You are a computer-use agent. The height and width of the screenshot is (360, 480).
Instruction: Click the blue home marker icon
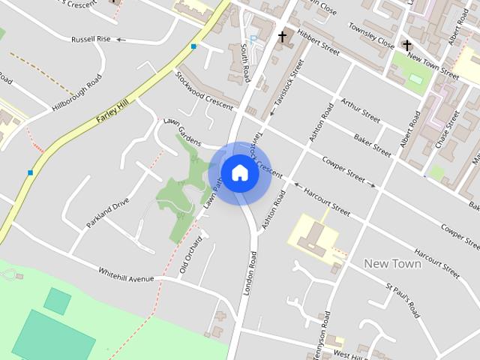click(x=239, y=172)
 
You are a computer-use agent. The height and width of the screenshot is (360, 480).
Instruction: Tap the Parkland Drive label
click(x=107, y=213)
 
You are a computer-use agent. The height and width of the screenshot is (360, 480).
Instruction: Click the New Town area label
click(x=391, y=264)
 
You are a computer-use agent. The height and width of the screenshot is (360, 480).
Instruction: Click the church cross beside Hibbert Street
click(x=283, y=36)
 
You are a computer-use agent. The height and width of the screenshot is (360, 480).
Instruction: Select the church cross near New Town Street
click(x=406, y=46)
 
